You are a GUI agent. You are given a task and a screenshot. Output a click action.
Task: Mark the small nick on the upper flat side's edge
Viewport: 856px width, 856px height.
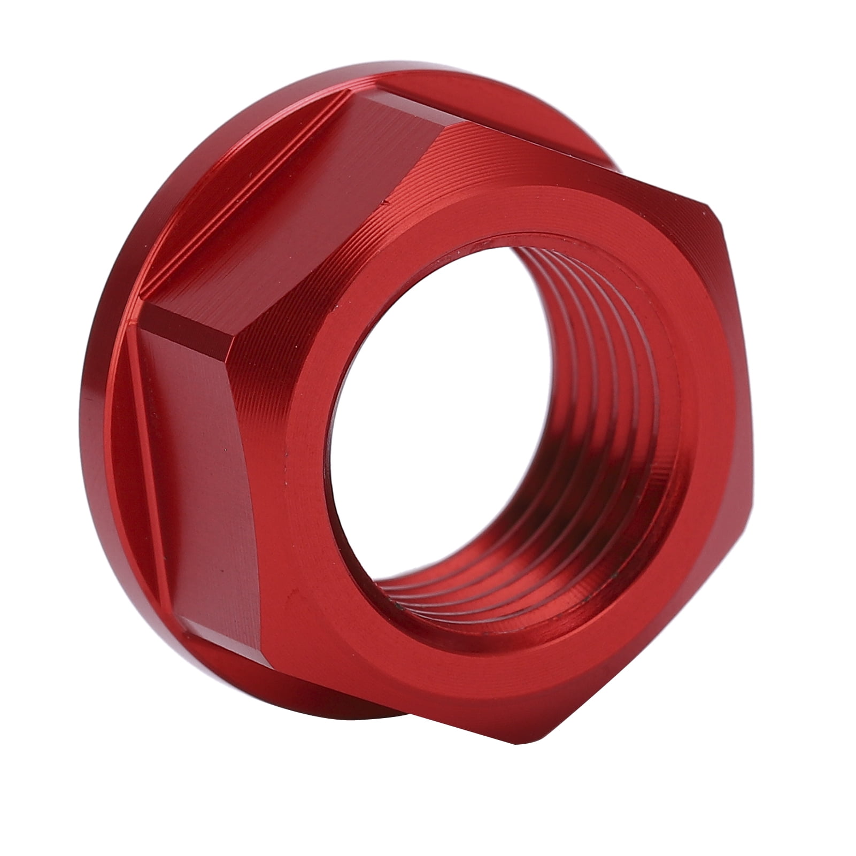(384, 203)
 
